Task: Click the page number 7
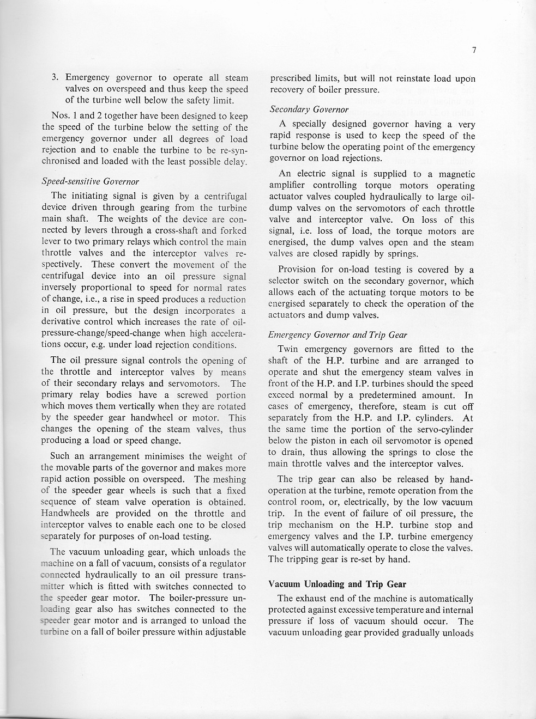[x=474, y=51]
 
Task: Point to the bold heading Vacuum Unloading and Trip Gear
[x=338, y=584]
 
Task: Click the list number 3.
[x=55, y=78]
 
